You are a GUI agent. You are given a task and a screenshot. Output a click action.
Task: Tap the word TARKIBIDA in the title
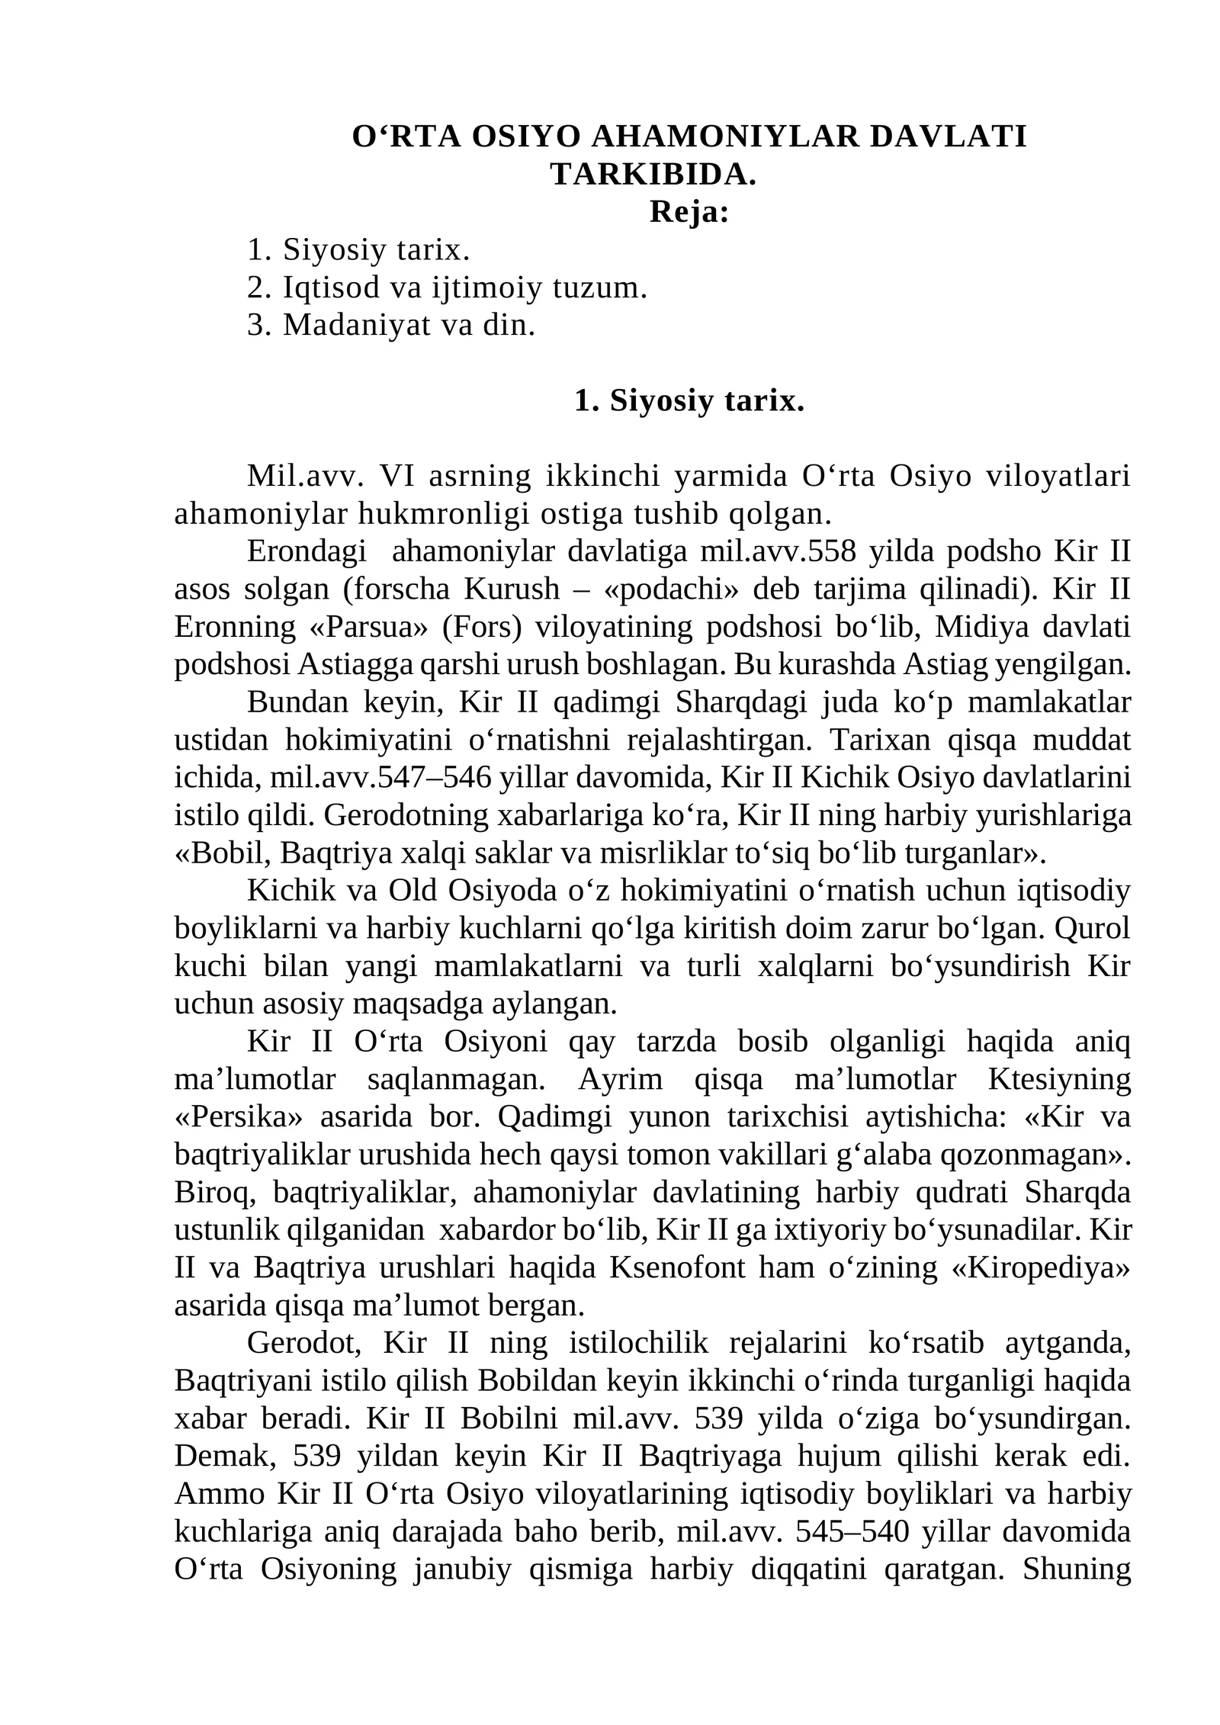click(x=652, y=175)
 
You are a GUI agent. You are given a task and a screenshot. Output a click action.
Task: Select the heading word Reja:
click(x=689, y=212)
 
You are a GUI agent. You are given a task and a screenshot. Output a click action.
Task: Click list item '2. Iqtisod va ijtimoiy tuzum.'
click(x=447, y=287)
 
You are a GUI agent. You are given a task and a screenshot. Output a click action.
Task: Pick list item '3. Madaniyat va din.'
click(x=391, y=325)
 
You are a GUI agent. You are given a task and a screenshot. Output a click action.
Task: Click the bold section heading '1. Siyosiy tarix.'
click(x=689, y=400)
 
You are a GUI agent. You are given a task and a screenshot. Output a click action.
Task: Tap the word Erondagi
click(x=307, y=551)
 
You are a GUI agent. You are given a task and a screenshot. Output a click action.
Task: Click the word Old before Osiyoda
click(x=411, y=891)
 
